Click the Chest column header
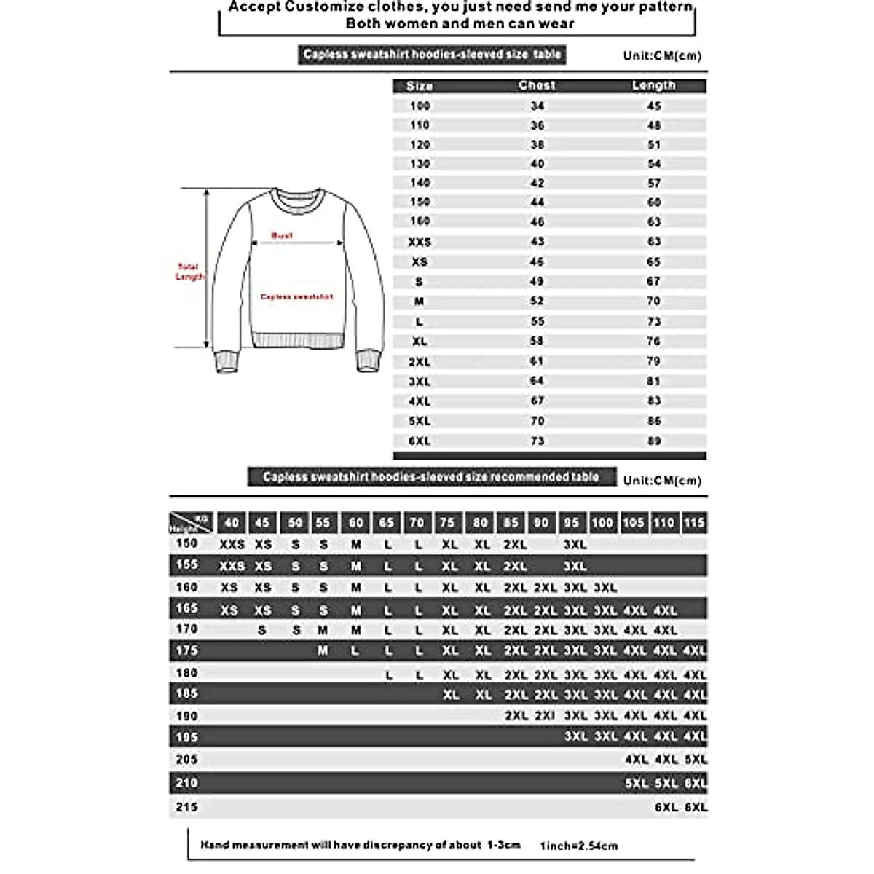click(x=537, y=85)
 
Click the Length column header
click(x=653, y=85)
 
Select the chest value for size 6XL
click(x=537, y=441)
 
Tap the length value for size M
click(x=653, y=301)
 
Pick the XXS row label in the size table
click(x=420, y=242)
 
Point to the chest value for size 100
click(x=537, y=106)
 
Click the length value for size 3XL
click(x=653, y=381)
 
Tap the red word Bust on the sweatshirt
click(x=282, y=235)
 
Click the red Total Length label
click(x=189, y=272)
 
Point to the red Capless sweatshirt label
click(x=296, y=297)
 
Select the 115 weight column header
click(x=694, y=522)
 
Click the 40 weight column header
click(x=232, y=522)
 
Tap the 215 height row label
click(x=186, y=807)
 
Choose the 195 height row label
click(x=186, y=737)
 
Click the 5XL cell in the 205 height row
click(x=696, y=760)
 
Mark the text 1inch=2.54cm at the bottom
click(x=578, y=846)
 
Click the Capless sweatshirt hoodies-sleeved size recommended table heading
click(x=431, y=477)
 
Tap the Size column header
click(x=420, y=86)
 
